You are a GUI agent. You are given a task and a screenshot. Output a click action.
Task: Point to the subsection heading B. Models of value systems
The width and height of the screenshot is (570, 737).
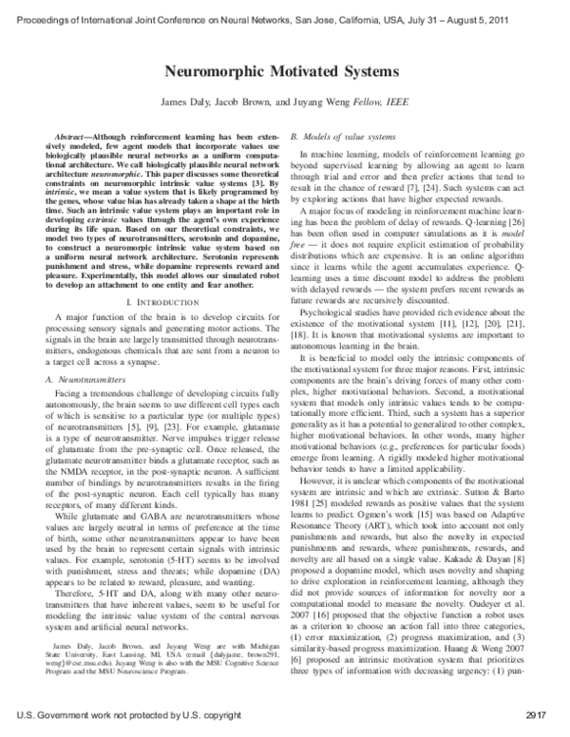pos(332,138)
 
